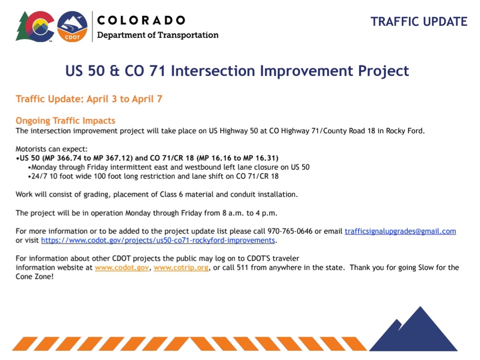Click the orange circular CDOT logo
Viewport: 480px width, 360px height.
pos(72,27)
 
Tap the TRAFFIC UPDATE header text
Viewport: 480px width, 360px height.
pos(419,22)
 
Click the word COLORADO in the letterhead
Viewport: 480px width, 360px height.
pos(141,21)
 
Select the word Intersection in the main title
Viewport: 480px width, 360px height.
pos(213,71)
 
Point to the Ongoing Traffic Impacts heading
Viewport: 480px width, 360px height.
pos(65,120)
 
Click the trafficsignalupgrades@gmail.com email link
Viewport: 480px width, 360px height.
pos(400,231)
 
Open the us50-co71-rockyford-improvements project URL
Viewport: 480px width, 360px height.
pos(158,240)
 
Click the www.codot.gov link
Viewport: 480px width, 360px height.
pos(122,267)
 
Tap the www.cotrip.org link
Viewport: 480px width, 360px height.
pos(181,267)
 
